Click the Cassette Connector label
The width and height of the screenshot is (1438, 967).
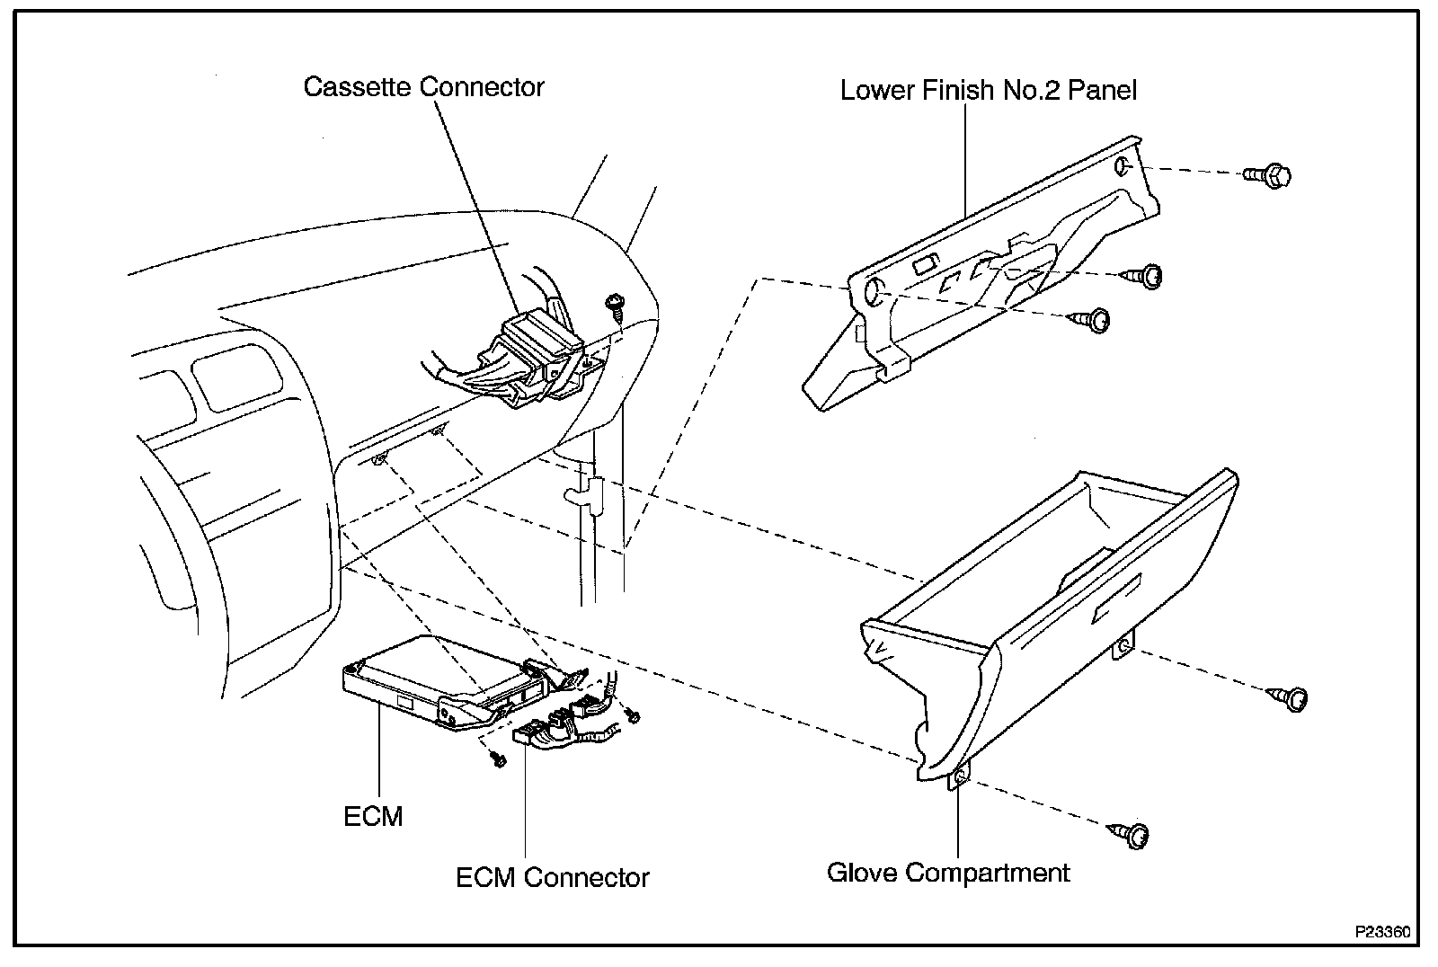click(423, 86)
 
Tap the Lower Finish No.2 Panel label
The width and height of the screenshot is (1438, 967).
click(989, 90)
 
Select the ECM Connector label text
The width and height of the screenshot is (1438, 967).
click(552, 876)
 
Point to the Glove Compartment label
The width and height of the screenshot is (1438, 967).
click(948, 872)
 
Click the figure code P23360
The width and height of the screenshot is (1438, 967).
click(1383, 932)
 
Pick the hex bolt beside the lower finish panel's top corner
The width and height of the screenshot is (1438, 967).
click(1267, 174)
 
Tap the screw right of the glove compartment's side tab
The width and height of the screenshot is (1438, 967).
click(1290, 697)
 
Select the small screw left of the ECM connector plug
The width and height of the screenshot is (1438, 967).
click(496, 759)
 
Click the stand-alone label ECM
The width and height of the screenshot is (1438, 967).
click(373, 816)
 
